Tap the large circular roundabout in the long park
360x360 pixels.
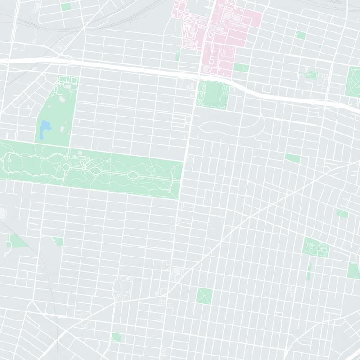(66, 167)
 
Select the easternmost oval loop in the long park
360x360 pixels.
(134, 175)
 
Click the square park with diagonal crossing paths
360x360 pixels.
(204, 296)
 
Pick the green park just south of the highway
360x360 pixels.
(213, 94)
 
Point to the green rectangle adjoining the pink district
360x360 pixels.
(240, 67)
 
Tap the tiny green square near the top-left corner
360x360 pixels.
(66, 7)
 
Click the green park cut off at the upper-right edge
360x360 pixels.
(353, 81)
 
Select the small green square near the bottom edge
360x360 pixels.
(116, 337)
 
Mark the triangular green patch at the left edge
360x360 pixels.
(16, 242)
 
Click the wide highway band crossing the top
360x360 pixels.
(135, 67)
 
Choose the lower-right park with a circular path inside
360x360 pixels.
(316, 247)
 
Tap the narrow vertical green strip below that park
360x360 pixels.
(309, 271)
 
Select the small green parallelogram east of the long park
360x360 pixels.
(292, 158)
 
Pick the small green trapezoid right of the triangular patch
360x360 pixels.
(58, 241)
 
